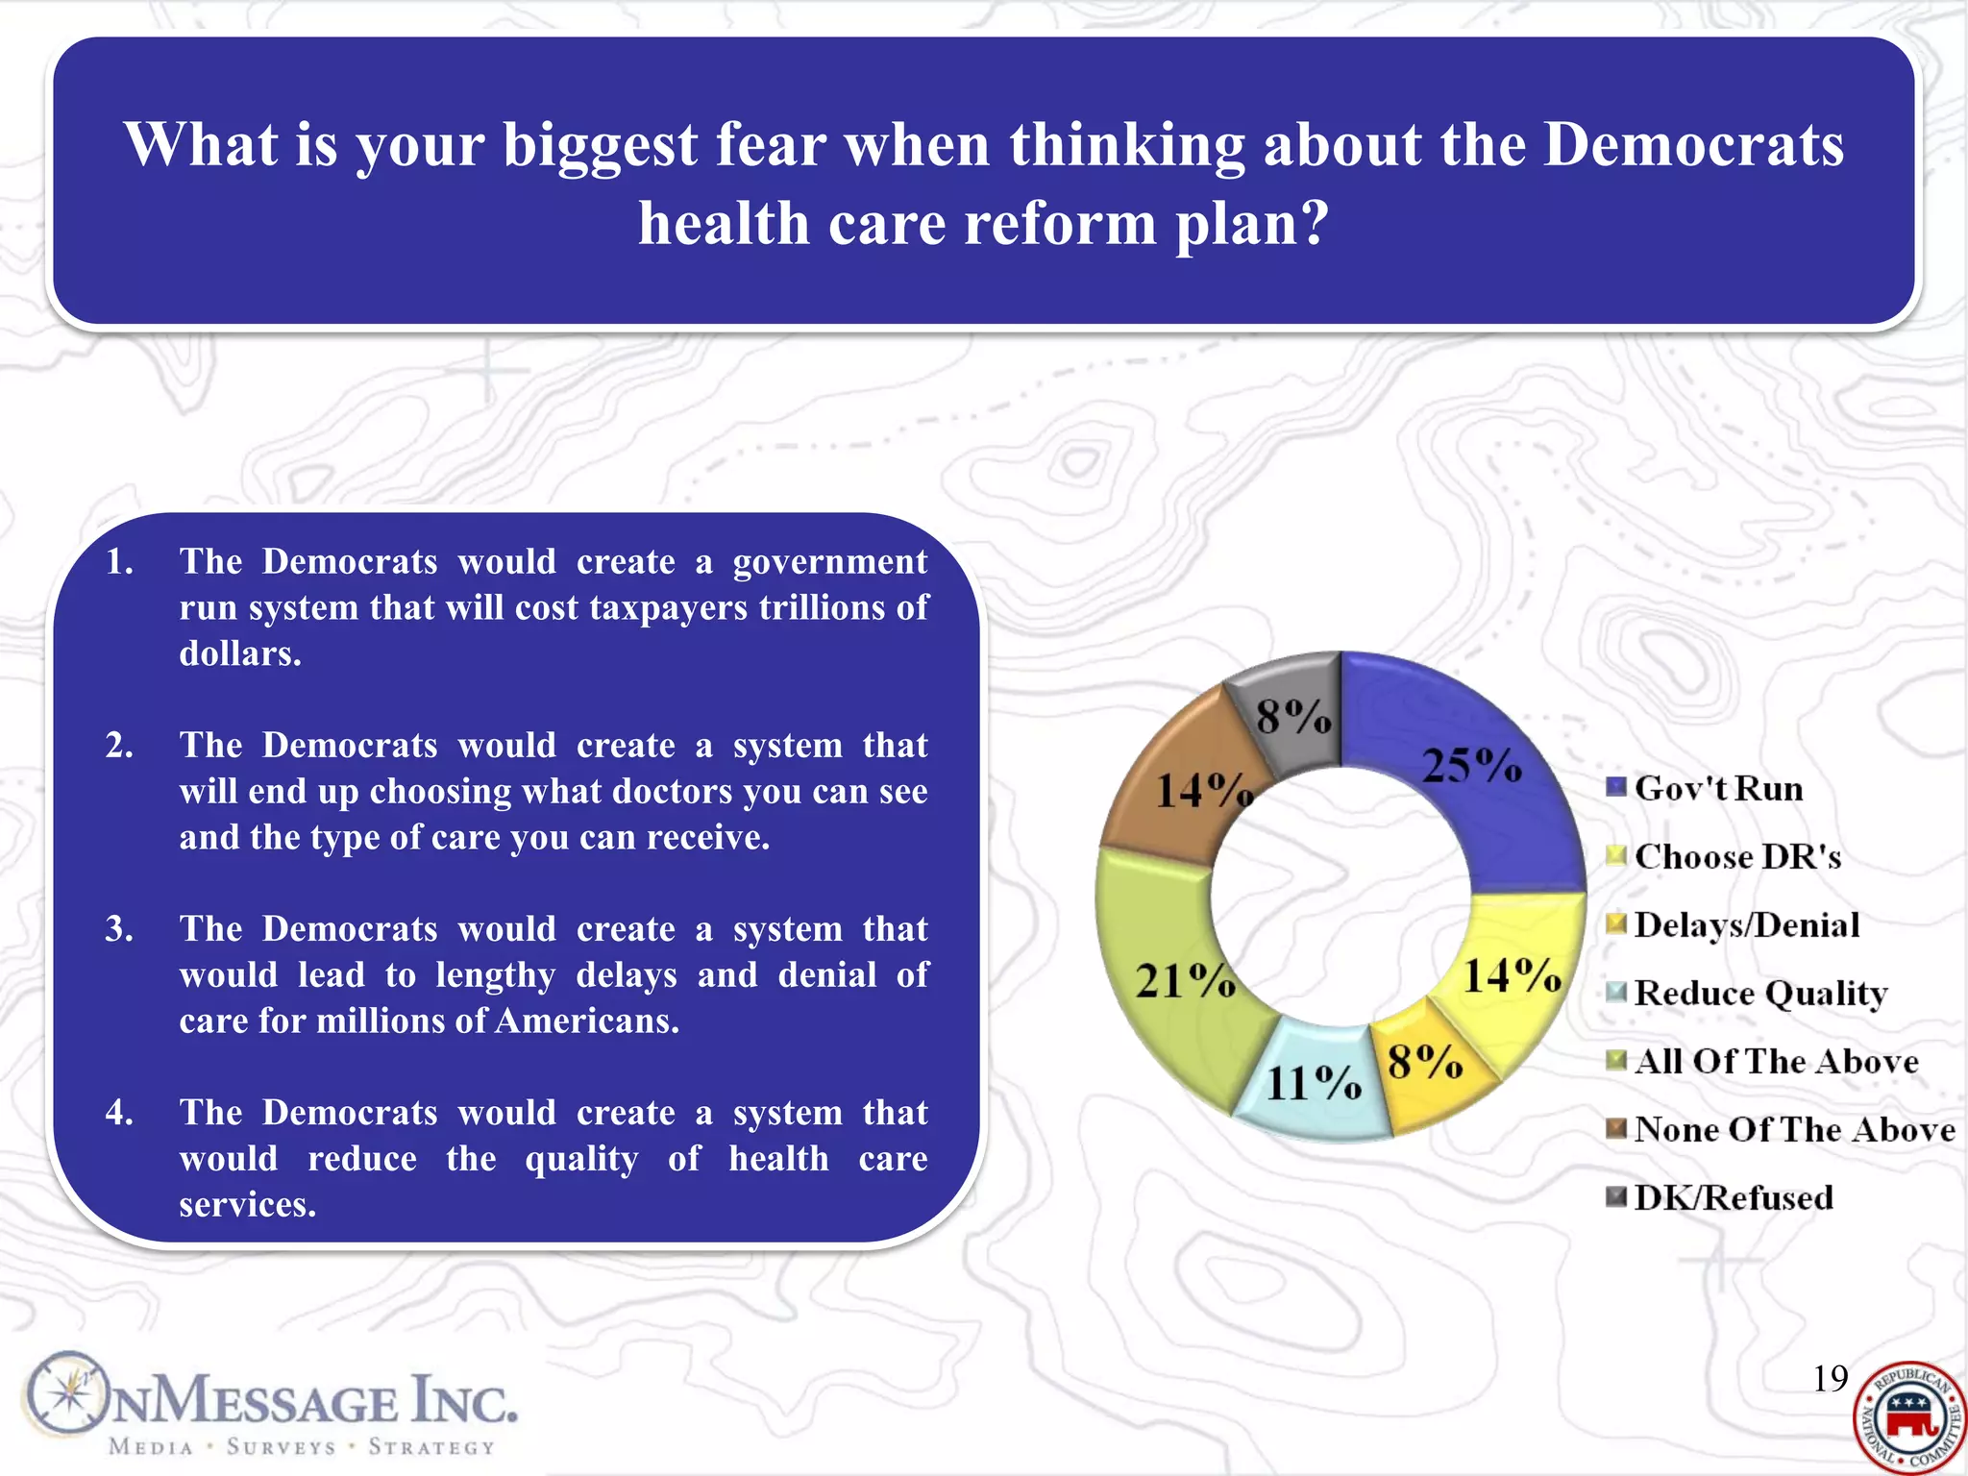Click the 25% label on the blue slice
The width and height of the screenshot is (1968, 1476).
pyautogui.click(x=1471, y=766)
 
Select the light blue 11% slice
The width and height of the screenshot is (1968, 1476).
pyautogui.click(x=1312, y=1083)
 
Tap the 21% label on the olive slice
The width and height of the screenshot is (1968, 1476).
pyautogui.click(x=1184, y=981)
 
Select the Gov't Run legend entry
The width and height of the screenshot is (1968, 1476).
pyautogui.click(x=1717, y=789)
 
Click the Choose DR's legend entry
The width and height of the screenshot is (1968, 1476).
pyautogui.click(x=1736, y=857)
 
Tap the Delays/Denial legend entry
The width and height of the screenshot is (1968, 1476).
pyautogui.click(x=1746, y=925)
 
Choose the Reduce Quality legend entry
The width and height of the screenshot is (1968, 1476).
pyautogui.click(x=1759, y=994)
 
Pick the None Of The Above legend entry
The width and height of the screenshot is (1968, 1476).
pyautogui.click(x=1793, y=1130)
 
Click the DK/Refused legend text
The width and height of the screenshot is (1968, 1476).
pyautogui.click(x=1734, y=1198)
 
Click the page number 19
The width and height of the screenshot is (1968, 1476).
pyautogui.click(x=1830, y=1379)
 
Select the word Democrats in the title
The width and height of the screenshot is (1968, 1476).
pyautogui.click(x=1693, y=145)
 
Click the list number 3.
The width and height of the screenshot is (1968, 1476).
pyautogui.click(x=119, y=929)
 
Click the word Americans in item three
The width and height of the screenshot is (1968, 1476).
pyautogui.click(x=586, y=1021)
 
